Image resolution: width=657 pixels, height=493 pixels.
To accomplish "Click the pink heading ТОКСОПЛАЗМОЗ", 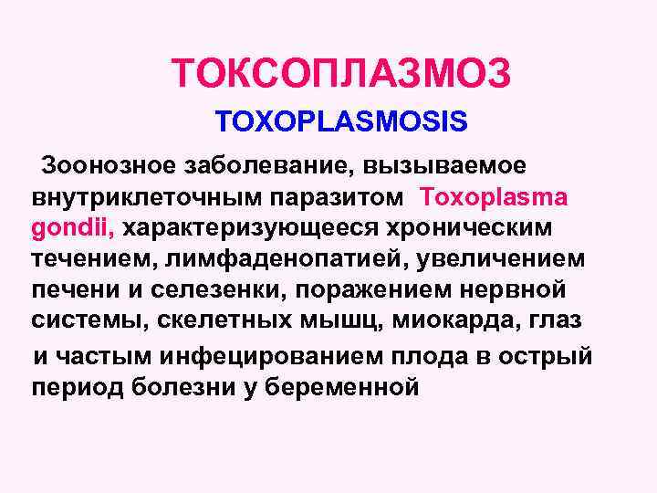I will pyautogui.click(x=341, y=73).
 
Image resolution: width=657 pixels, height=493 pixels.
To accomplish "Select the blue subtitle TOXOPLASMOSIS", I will pyautogui.click(x=341, y=121).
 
